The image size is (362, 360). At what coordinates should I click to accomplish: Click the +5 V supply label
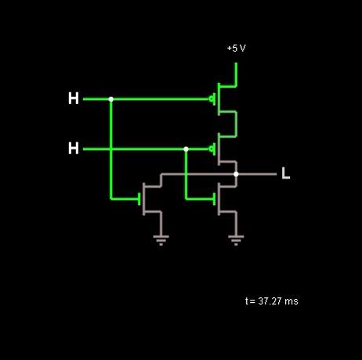coord(237,49)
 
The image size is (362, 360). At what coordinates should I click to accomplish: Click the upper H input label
coord(74,99)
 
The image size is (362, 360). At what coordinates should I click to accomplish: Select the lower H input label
coord(74,148)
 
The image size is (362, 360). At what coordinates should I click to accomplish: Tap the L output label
coord(286,173)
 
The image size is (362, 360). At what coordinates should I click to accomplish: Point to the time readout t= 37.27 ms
coord(272,301)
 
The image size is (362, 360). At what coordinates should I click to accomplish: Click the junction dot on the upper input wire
coord(111,99)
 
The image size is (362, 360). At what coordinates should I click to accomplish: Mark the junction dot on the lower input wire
coord(186,149)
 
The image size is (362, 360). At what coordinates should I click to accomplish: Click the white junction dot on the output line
coord(236,174)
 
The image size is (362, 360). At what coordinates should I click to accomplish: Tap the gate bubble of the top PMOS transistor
coord(211,99)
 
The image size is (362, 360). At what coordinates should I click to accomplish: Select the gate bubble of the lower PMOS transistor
coord(211,149)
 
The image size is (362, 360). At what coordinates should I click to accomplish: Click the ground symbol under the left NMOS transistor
coord(161,240)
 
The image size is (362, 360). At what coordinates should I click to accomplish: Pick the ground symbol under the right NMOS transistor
coord(236,240)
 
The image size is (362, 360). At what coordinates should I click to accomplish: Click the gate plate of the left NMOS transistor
coord(139,199)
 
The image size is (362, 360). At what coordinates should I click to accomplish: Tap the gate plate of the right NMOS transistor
coord(215,199)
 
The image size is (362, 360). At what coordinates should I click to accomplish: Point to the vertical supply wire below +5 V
coord(236,74)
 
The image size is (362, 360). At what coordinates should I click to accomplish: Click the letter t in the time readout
coord(247,301)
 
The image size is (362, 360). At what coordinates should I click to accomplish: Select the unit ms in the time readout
coord(291,302)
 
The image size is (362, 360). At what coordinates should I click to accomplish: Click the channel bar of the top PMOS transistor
coord(219,99)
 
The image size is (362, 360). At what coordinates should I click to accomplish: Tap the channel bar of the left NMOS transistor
coord(143,199)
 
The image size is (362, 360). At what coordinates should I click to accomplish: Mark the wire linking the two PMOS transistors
coord(236,124)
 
